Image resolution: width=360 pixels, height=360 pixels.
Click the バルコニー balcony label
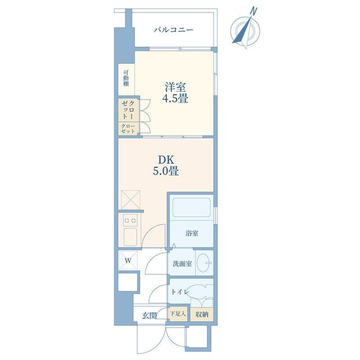173,30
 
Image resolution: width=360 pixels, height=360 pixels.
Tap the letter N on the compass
254,11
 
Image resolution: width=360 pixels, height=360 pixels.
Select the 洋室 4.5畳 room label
175,92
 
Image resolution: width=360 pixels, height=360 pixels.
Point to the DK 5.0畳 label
166,165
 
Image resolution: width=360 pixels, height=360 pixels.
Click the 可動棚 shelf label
126,78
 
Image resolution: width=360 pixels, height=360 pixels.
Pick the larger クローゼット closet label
128,109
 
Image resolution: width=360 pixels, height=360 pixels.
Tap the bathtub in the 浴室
191,207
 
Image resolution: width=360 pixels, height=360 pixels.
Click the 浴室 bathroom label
192,233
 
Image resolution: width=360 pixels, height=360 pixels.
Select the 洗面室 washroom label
182,264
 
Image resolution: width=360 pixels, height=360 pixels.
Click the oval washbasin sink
204,263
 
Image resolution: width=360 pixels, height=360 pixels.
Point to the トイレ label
180,292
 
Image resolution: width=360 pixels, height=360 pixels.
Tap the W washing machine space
128,260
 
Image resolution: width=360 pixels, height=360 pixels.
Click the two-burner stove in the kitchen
130,220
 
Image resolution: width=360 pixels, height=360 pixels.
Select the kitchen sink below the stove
130,237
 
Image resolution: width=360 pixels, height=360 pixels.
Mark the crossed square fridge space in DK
130,200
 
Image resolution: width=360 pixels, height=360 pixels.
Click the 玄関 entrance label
149,316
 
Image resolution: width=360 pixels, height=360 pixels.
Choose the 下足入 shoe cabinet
178,314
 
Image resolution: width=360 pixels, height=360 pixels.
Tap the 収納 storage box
202,314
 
